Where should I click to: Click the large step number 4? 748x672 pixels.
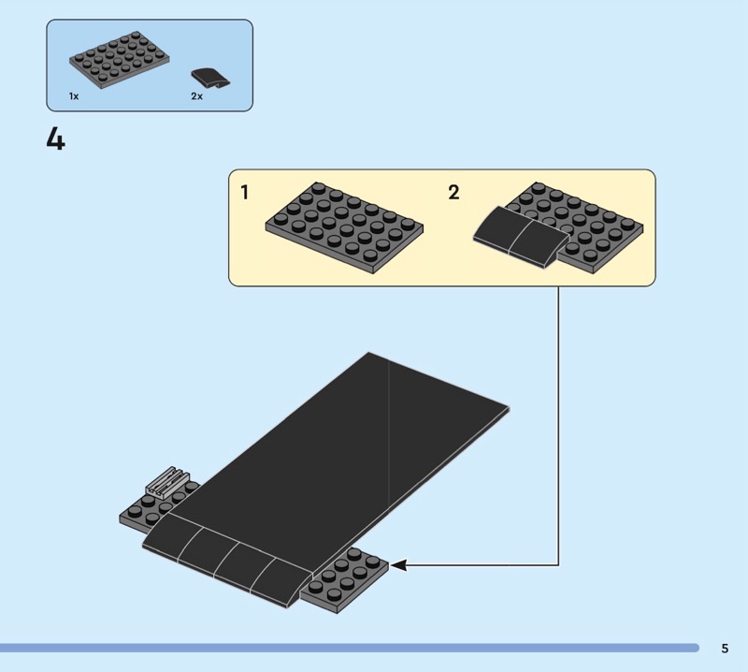tap(55, 140)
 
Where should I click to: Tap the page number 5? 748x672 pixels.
tap(725, 648)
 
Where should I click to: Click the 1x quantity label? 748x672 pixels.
tap(74, 96)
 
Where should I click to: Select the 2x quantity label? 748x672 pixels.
tap(196, 96)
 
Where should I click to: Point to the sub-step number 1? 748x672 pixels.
tap(245, 193)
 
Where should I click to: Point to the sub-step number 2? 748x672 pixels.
tap(453, 193)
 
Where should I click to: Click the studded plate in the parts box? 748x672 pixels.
tap(120, 60)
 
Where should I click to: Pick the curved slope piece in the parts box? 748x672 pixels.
tap(209, 79)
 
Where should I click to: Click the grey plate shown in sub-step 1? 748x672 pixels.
tap(344, 227)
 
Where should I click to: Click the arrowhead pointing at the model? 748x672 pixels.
tap(398, 565)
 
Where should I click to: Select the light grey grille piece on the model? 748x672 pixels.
tap(167, 482)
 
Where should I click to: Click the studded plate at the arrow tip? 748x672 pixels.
tap(344, 580)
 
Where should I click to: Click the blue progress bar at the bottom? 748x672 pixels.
tap(349, 648)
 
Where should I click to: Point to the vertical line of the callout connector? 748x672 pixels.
tap(558, 426)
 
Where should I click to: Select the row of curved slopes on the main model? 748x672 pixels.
tap(226, 560)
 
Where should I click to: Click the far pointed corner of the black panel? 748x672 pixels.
tap(368, 353)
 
